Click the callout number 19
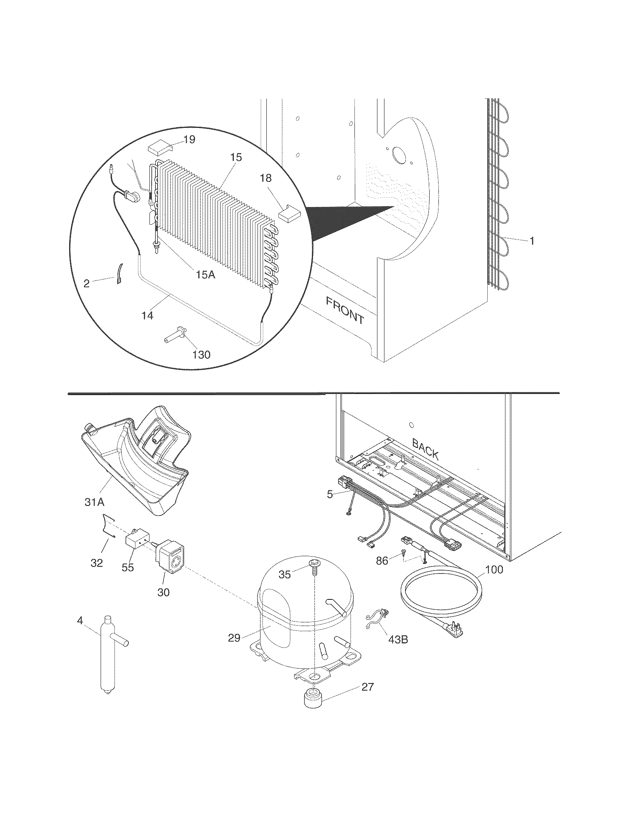point(189,140)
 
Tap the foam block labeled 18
point(289,214)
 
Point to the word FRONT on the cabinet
point(345,310)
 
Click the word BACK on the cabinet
point(425,449)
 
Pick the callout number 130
point(201,354)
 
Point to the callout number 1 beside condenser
point(532,241)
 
